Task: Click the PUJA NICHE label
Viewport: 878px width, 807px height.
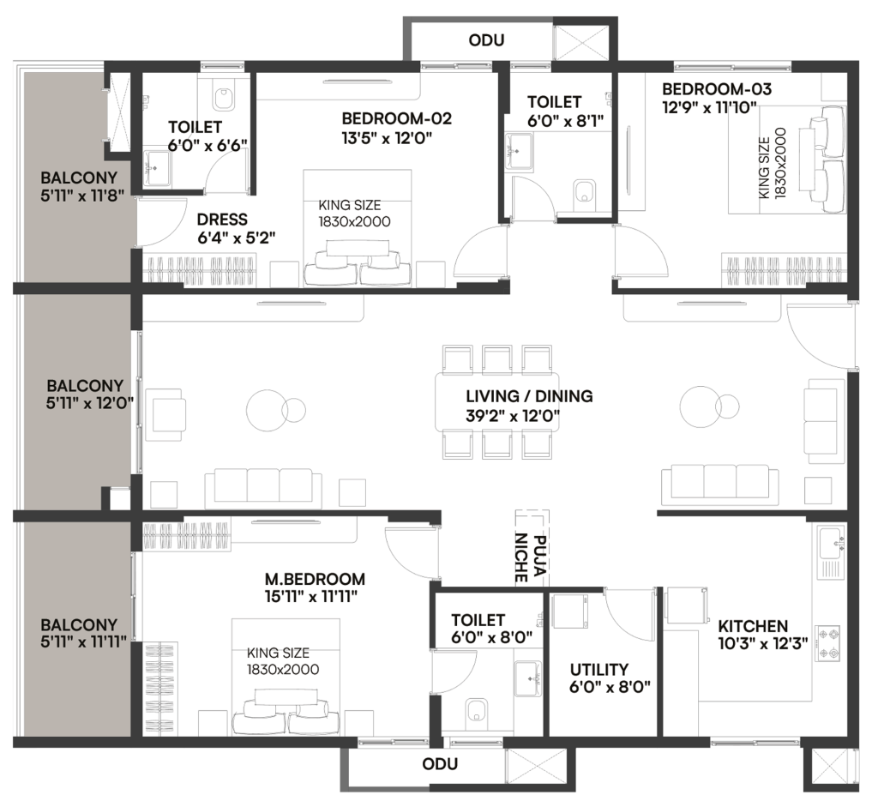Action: [530, 558]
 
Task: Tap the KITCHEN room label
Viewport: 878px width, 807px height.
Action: [753, 625]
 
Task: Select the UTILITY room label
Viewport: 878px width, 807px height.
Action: [598, 669]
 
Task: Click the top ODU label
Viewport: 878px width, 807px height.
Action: [486, 40]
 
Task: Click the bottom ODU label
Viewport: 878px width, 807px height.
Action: [440, 764]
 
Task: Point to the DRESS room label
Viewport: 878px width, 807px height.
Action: [222, 219]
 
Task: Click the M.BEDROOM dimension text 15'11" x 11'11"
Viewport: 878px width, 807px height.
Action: [311, 596]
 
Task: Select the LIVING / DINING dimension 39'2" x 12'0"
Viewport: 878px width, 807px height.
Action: [513, 416]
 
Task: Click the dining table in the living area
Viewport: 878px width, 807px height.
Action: [497, 401]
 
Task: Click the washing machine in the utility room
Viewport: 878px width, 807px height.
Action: [570, 611]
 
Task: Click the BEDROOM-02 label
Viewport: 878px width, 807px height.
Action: [396, 118]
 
